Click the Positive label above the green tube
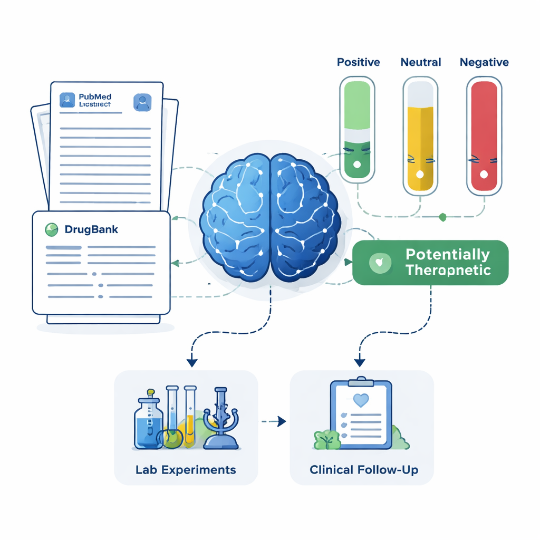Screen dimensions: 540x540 point(358,62)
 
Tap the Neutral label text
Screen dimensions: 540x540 point(421,62)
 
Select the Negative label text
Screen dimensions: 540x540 point(484,62)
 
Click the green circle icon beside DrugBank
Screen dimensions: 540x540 point(52,229)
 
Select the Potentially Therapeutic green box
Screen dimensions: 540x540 point(430,263)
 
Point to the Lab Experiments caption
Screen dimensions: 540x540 point(186,469)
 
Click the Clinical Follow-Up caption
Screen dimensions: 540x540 point(364,469)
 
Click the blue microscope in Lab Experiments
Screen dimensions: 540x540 point(220,419)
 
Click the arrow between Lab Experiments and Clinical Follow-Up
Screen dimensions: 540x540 point(274,421)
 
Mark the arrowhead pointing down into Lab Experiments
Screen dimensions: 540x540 point(192,362)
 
